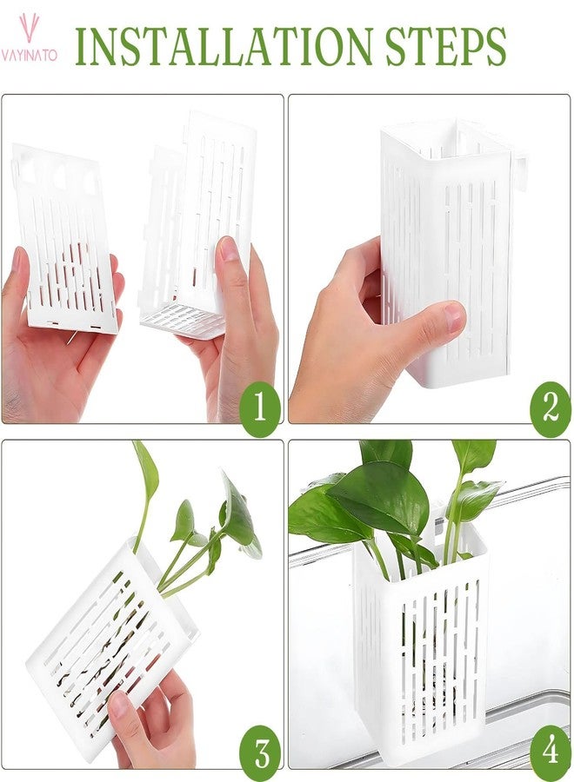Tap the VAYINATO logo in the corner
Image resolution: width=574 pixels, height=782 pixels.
pos(29,39)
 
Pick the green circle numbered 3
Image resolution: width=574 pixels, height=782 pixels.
pos(260,750)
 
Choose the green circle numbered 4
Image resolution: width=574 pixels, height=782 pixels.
pos(549,750)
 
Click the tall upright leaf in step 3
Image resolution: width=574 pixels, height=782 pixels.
pos(146,474)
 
